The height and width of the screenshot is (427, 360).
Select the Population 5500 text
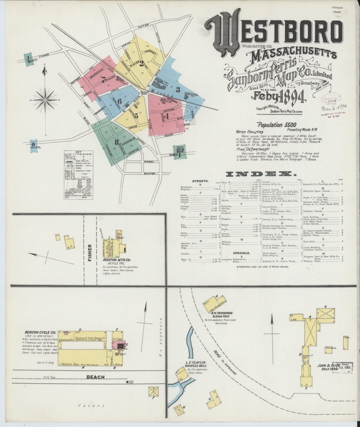(277, 125)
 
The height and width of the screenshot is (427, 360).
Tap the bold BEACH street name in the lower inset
(96, 377)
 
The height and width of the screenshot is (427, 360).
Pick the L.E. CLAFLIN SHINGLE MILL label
(196, 364)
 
